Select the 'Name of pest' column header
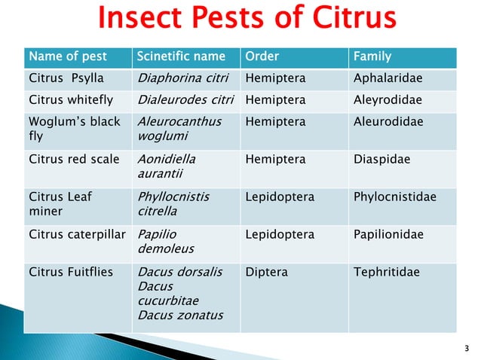pyautogui.click(x=68, y=56)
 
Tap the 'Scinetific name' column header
pyautogui.click(x=180, y=56)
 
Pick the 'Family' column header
pyautogui.click(x=372, y=56)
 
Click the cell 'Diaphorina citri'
pyautogui.click(x=185, y=78)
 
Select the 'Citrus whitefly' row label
pyautogui.click(x=71, y=99)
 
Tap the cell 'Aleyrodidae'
pyautogui.click(x=388, y=99)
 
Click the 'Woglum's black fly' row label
pyautogui.click(x=74, y=129)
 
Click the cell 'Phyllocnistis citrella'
pyautogui.click(x=173, y=203)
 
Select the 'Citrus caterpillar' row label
pyautogui.click(x=77, y=234)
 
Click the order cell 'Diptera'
pyautogui.click(x=266, y=272)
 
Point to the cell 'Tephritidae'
pyautogui.click(x=386, y=272)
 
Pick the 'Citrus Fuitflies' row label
pyautogui.click(x=70, y=272)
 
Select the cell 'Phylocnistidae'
pyautogui.click(x=394, y=197)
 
